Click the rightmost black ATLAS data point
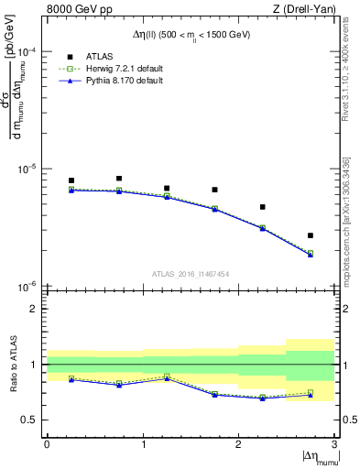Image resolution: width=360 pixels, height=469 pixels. pos(311,235)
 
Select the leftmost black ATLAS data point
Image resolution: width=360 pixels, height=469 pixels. pos(71,180)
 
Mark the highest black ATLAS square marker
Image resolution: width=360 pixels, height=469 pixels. pos(119,179)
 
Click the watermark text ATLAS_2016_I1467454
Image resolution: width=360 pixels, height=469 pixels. pos(191,273)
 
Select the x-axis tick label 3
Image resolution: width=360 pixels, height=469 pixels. pos(333,444)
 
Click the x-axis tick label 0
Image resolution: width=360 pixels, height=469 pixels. pos(47,444)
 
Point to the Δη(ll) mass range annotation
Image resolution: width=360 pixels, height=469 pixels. pos(191,35)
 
